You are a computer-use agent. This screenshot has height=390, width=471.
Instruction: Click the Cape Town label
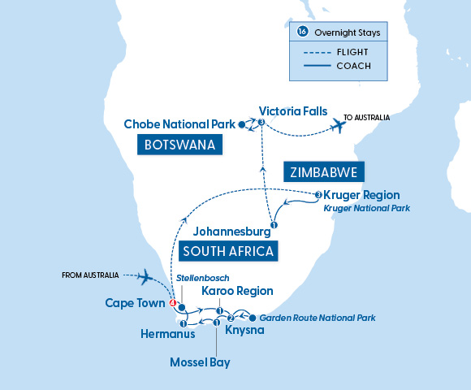(x=136, y=303)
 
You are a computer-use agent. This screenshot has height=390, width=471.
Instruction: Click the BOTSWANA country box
(x=180, y=145)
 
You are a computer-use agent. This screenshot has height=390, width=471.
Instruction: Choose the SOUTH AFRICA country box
(x=228, y=250)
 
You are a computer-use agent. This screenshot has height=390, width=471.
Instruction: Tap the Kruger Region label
(x=362, y=195)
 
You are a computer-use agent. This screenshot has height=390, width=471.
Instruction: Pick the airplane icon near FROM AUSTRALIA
(x=147, y=277)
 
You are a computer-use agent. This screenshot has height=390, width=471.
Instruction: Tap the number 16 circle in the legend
(x=303, y=32)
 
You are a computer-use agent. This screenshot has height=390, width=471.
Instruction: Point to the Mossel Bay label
(x=200, y=362)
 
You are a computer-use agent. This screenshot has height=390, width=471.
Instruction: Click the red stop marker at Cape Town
(x=172, y=304)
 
